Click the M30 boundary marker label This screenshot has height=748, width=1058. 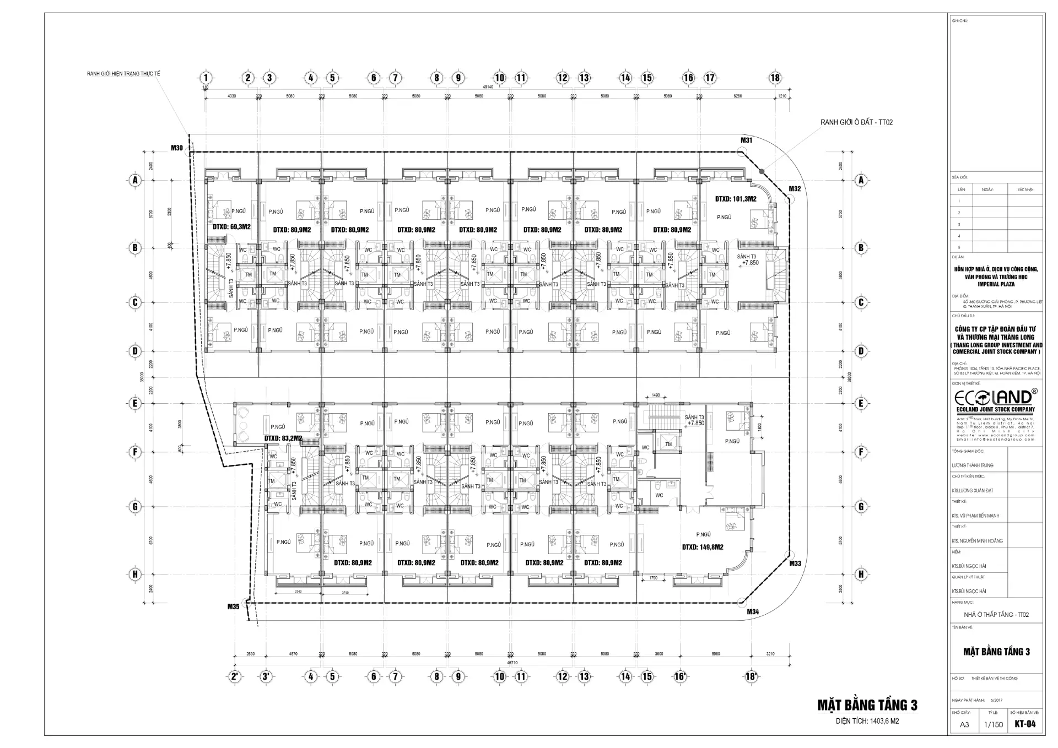[176, 148]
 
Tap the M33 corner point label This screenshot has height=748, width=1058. [795, 563]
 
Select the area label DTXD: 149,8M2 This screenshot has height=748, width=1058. [702, 547]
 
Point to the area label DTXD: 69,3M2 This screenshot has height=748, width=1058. [231, 226]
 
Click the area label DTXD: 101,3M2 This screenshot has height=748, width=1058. [735, 199]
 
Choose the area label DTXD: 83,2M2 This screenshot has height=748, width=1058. [283, 438]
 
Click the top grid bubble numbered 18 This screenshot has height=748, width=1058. [775, 78]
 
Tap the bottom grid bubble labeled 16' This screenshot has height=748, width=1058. [680, 676]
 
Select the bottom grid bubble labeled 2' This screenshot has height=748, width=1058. [235, 676]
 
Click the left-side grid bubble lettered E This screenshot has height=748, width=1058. [134, 403]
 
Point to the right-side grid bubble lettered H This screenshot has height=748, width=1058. [861, 574]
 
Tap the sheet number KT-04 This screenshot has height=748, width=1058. [1025, 724]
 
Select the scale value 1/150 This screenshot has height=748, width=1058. [994, 724]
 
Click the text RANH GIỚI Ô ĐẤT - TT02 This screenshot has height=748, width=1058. [856, 122]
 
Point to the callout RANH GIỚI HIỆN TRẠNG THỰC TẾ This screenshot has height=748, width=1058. [123, 74]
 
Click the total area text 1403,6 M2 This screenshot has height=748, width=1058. [883, 720]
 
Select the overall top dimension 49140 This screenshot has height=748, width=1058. [488, 87]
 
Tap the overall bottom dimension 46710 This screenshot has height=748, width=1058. [511, 663]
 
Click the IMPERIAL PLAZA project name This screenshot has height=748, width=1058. [996, 284]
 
